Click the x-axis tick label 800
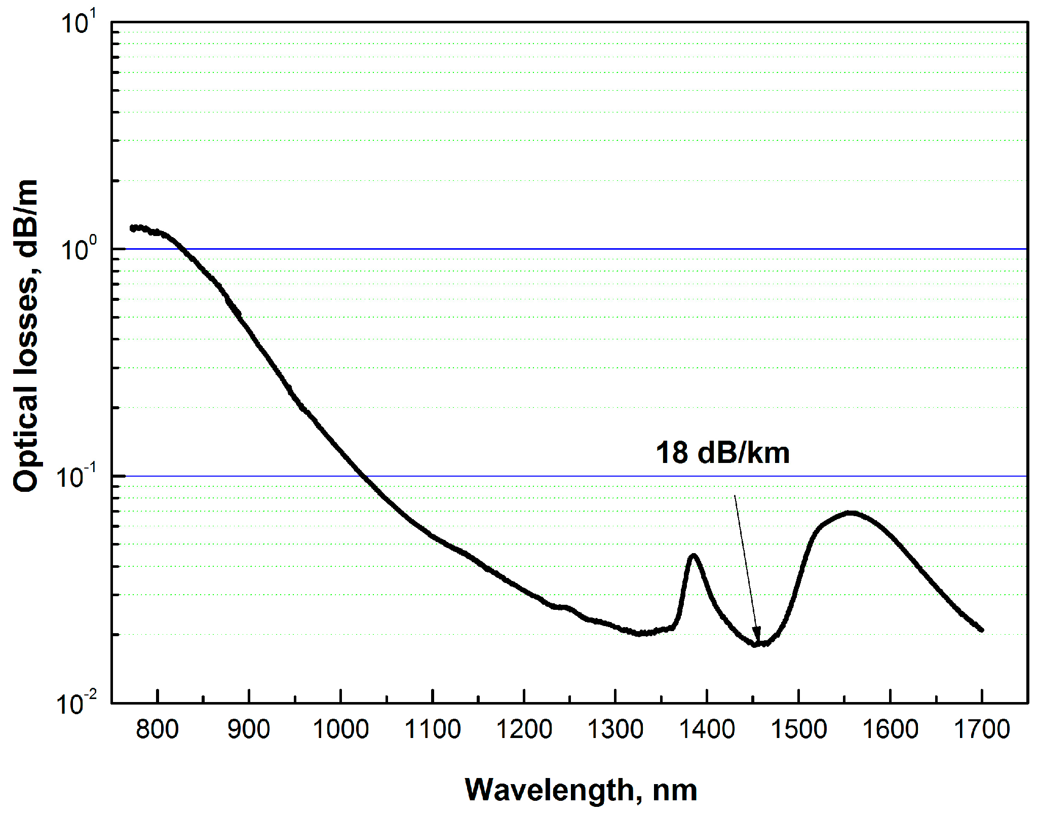tap(158, 730)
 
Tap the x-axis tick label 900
tap(249, 730)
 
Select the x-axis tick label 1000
tap(340, 730)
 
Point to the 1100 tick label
tap(432, 730)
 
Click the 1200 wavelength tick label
tap(524, 730)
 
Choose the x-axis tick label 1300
tap(615, 730)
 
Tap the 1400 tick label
tap(707, 730)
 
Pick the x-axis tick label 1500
tap(798, 730)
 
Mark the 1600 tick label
tap(890, 730)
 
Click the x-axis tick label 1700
tap(982, 730)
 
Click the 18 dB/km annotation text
tap(722, 452)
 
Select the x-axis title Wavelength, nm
tap(581, 789)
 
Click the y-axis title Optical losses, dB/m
tap(25, 335)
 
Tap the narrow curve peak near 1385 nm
tap(693, 556)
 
